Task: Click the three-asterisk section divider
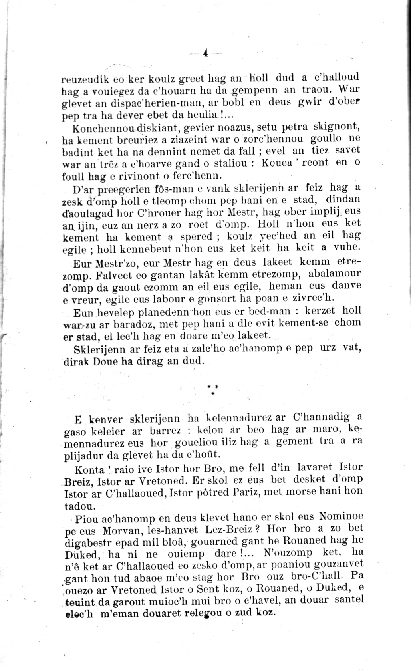212,389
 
